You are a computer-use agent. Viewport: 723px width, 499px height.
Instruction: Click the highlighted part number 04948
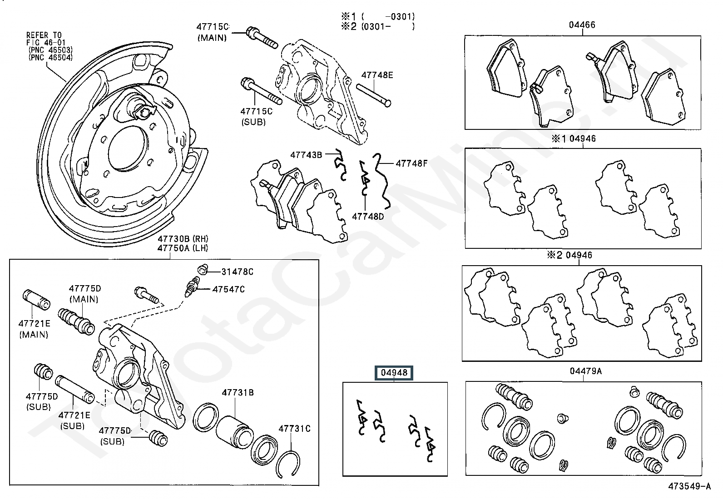(394, 373)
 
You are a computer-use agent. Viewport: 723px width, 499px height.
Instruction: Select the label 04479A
(585, 371)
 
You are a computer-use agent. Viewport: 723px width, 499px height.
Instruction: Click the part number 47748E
(377, 75)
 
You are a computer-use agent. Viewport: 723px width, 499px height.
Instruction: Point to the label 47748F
(411, 163)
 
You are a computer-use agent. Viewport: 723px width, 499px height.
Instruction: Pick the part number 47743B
(306, 155)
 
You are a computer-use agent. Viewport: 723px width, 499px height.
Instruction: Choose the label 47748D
(368, 217)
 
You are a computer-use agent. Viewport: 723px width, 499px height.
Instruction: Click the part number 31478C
(237, 272)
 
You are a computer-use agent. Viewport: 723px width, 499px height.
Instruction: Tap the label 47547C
(228, 289)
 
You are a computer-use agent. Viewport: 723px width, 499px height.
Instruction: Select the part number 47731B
(238, 393)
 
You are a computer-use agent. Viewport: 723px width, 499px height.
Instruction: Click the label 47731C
(294, 428)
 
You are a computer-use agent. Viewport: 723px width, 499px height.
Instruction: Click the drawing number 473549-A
(689, 486)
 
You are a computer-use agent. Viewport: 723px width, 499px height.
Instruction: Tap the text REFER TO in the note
(44, 35)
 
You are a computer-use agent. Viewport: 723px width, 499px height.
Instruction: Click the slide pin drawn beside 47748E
(374, 95)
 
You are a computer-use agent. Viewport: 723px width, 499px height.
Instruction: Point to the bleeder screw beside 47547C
(193, 288)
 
